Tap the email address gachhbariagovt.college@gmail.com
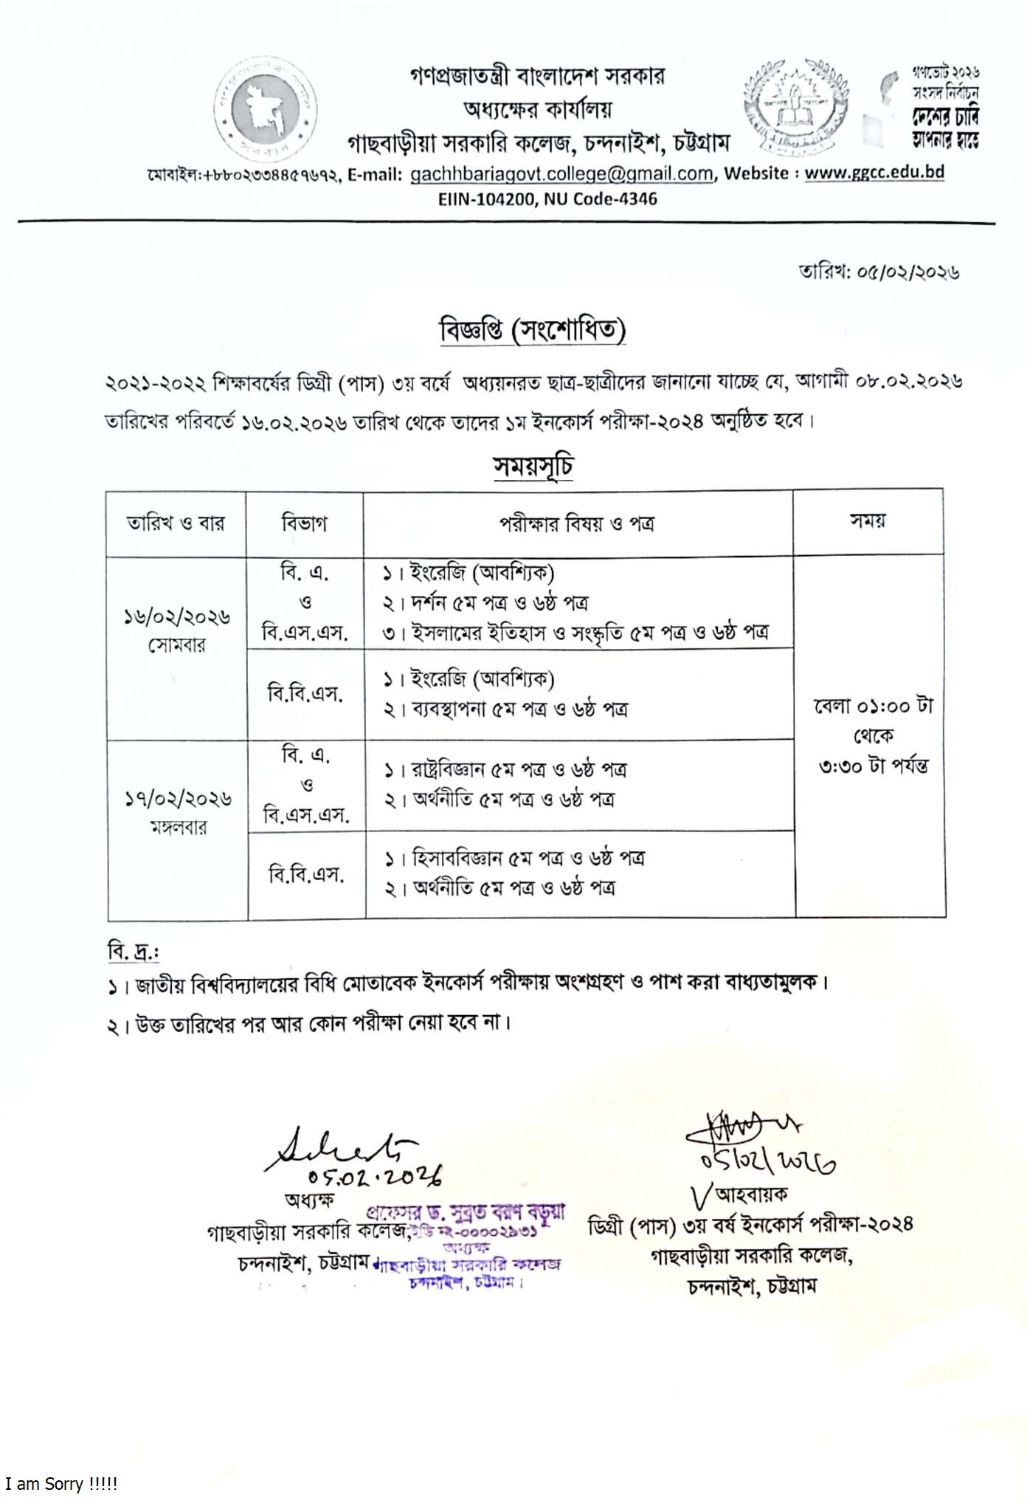point(561,173)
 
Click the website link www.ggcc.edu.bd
point(874,172)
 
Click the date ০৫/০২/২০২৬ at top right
point(908,272)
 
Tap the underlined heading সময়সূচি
point(533,467)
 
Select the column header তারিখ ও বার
point(176,523)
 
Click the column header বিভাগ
point(304,523)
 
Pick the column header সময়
point(868,520)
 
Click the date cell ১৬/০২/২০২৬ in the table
point(177,616)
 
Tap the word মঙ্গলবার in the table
point(177,827)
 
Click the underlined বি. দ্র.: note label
point(134,952)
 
